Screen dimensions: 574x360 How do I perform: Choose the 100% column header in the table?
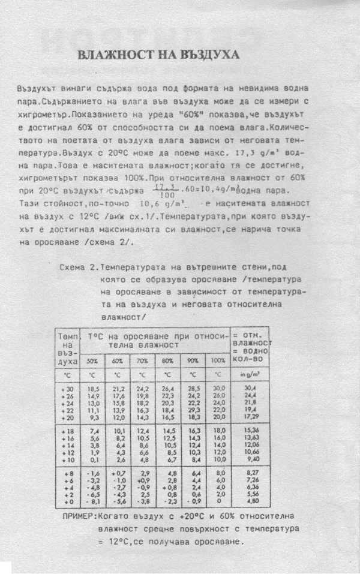218,360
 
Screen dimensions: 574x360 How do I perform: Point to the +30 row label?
67,389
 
